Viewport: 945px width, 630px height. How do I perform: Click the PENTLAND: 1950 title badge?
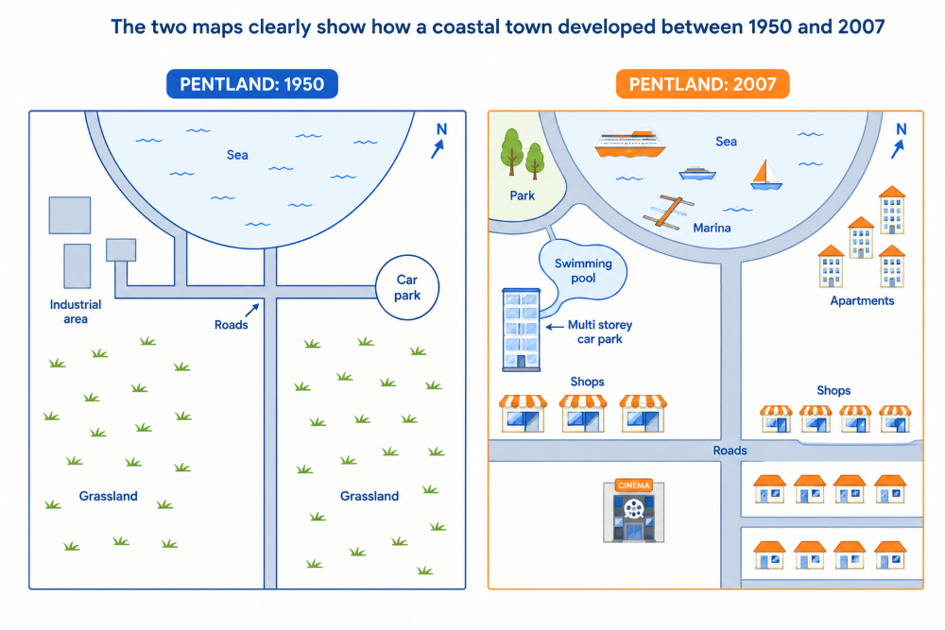click(252, 84)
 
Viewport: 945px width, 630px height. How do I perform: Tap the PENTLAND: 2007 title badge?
click(702, 84)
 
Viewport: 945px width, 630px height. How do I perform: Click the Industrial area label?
click(76, 312)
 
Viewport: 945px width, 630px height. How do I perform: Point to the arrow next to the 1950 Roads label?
click(252, 310)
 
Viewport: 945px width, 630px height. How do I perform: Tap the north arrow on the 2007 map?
click(898, 149)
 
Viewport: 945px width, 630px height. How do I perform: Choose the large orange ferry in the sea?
click(629, 144)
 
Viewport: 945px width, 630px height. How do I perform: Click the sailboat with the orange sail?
click(766, 175)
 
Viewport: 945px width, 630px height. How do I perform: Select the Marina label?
click(712, 228)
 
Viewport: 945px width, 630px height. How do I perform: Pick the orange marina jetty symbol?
click(668, 212)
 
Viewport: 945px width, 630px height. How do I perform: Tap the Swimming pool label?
click(583, 270)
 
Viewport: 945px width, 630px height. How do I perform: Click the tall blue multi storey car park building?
click(522, 330)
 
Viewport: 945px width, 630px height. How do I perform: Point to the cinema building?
click(633, 511)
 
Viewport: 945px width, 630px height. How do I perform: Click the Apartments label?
click(862, 300)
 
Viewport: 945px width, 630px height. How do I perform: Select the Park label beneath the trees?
click(522, 196)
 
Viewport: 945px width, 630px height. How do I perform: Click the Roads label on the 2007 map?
click(730, 451)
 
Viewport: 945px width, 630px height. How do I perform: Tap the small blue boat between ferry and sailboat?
click(697, 174)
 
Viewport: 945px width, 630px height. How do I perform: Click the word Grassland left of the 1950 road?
click(109, 496)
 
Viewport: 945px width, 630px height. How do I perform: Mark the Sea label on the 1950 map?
click(237, 155)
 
